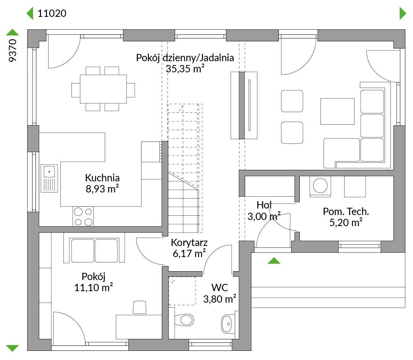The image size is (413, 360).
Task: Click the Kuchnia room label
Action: coord(102,178)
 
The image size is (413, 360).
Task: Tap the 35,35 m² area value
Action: coord(185,68)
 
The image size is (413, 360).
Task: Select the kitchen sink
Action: coord(49,178)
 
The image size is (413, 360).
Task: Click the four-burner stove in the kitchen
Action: coord(83,217)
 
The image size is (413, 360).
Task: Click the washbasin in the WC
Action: coord(228,323)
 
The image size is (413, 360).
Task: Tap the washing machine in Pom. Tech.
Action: coord(320,186)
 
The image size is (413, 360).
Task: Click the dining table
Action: coord(103,89)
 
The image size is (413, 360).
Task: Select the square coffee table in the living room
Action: coord(337,111)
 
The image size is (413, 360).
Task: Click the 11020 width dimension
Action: coord(52,13)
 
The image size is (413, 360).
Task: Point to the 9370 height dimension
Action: coord(12,50)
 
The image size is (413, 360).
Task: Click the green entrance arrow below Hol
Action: coord(274,261)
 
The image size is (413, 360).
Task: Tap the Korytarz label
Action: coord(189,243)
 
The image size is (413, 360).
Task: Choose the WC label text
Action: coord(220,288)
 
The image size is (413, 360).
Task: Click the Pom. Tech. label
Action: coord(346,211)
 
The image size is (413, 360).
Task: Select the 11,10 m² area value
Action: coord(94,287)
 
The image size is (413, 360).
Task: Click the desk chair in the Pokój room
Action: coord(139,307)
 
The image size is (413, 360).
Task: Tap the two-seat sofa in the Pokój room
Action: coord(94,250)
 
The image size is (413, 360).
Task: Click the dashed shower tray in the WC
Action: coord(182,291)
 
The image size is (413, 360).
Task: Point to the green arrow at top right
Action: coord(403,13)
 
